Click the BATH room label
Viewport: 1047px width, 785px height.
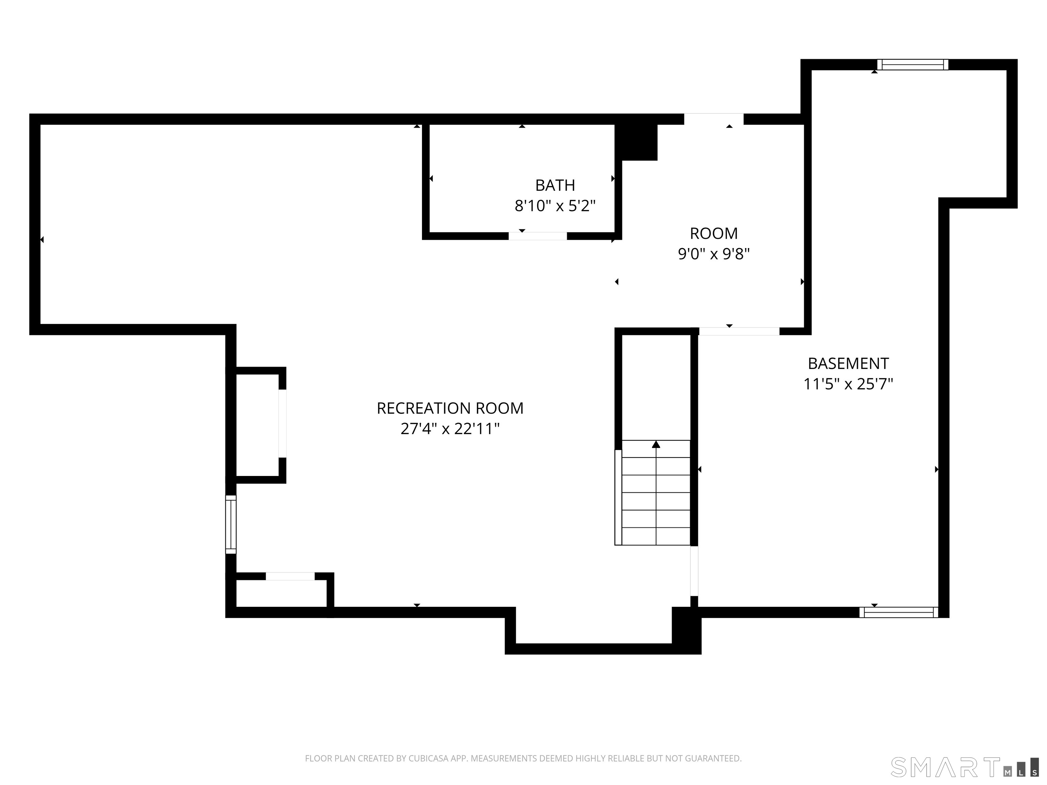pyautogui.click(x=555, y=185)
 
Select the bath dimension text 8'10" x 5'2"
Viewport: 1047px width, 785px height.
pyautogui.click(x=555, y=206)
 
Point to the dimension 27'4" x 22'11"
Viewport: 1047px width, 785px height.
pyautogui.click(x=450, y=429)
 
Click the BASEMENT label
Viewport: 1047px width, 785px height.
pyautogui.click(x=848, y=364)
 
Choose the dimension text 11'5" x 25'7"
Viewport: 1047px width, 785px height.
pyautogui.click(x=848, y=384)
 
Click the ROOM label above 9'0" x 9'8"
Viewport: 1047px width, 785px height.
pyautogui.click(x=714, y=233)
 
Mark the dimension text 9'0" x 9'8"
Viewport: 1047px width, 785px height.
pyautogui.click(x=714, y=254)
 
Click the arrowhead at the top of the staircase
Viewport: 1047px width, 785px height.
pyautogui.click(x=656, y=444)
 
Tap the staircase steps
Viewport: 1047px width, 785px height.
pyautogui.click(x=656, y=493)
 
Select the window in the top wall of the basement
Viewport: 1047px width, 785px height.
pyautogui.click(x=913, y=64)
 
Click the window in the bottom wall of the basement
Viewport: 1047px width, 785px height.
pyautogui.click(x=898, y=612)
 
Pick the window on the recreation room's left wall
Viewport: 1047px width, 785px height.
pyautogui.click(x=230, y=524)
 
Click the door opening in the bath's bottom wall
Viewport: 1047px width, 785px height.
pyautogui.click(x=538, y=236)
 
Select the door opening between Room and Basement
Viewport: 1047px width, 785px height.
pyautogui.click(x=739, y=331)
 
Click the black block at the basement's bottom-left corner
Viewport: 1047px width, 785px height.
pyautogui.click(x=686, y=630)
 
